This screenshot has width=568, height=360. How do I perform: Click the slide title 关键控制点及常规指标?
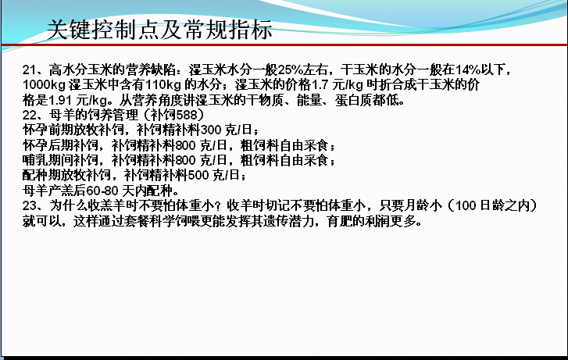click(x=159, y=30)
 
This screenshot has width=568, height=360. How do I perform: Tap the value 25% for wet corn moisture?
click(x=290, y=70)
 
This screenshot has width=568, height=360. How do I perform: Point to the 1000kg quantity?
click(x=44, y=85)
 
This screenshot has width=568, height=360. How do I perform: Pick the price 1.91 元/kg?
click(x=77, y=100)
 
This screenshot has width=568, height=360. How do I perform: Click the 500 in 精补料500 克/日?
click(x=198, y=176)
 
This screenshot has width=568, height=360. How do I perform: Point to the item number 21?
click(x=29, y=70)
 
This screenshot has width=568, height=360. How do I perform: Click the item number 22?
click(x=29, y=115)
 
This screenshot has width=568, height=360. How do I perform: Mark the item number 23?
click(x=29, y=205)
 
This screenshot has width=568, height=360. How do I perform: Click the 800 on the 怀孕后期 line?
click(x=186, y=145)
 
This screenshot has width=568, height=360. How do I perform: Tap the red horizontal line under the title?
click(x=284, y=45)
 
